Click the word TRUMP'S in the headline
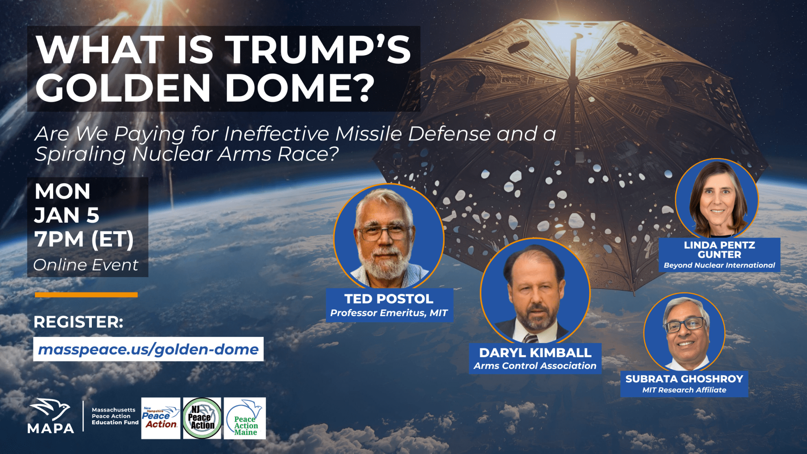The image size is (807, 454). coord(320,49)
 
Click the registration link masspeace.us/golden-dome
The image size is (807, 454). coord(148,349)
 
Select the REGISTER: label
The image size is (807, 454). coord(78,322)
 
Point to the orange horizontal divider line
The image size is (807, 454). coord(86,294)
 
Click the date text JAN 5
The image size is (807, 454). coord(67,215)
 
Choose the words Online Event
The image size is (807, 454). coord(86,265)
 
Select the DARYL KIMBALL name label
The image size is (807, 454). coord(535,353)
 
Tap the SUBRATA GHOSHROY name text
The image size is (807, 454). coord(684,379)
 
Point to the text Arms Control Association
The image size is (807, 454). coord(535,366)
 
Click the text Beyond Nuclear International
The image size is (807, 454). coord(719,265)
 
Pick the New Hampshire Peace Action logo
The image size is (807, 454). coord(161,418)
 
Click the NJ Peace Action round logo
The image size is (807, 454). coord(202,418)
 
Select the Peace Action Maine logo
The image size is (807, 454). coord(245,418)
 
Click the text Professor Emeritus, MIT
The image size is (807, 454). coord(389,313)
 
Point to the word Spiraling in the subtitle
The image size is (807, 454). coord(80,154)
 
